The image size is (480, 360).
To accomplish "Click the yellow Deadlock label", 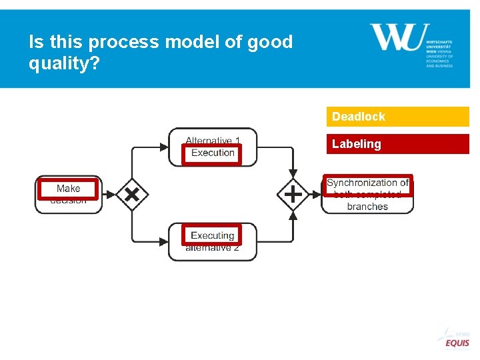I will point(359,117).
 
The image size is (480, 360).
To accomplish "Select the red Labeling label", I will point(357,144).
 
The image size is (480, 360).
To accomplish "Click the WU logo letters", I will point(396,37).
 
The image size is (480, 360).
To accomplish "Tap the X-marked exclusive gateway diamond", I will point(132,195).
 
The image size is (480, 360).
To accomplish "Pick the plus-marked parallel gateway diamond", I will point(293,195).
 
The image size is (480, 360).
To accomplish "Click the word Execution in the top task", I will point(213,153).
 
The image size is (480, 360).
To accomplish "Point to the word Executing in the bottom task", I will point(212,235).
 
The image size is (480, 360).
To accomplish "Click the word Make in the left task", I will point(68,189).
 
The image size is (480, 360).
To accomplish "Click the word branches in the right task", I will point(367,207).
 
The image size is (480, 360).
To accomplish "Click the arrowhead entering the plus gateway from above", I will point(293,175).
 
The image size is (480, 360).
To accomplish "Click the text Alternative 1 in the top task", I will point(213,141).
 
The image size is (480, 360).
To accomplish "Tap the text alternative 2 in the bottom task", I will point(212,247).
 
